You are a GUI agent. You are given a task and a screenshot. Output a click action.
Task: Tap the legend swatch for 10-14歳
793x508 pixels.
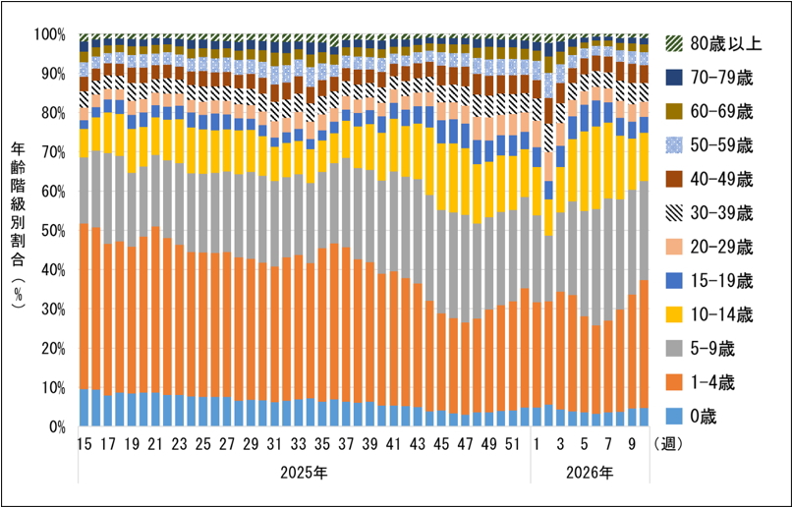click(673, 314)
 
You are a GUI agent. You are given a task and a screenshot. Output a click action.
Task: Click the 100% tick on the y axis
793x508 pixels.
click(49, 34)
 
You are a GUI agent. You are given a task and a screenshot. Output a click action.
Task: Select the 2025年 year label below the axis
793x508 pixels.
click(304, 473)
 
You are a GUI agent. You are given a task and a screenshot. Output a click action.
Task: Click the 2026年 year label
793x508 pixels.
click(590, 473)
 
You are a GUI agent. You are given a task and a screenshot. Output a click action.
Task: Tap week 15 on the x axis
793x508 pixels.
click(85, 445)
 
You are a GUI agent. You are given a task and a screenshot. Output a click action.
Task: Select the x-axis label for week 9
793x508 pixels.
click(632, 445)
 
